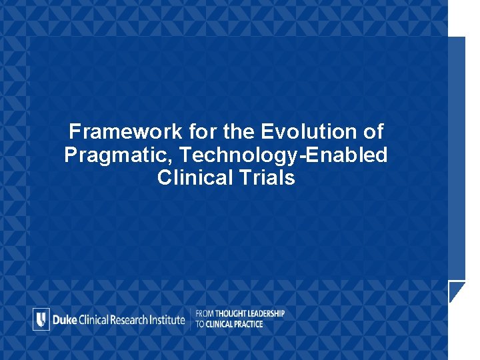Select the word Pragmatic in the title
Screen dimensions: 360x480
tap(109, 155)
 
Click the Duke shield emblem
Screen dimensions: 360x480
tap(41, 319)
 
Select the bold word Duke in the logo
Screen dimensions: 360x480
tap(65, 319)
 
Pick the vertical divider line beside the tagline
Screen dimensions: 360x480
tap(191, 319)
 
